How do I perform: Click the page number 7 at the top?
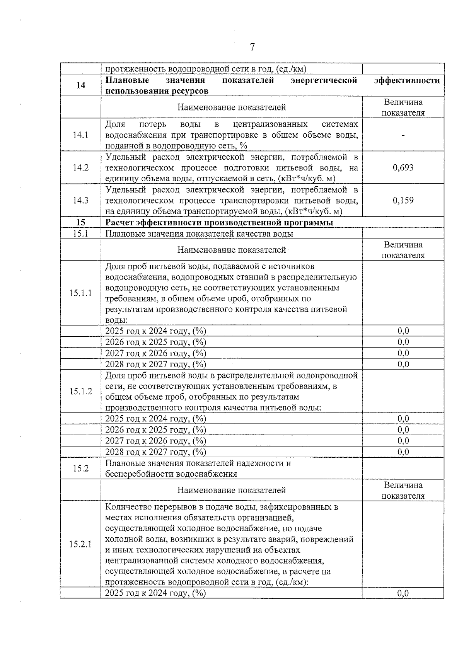point(252,47)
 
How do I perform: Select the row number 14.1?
point(80,135)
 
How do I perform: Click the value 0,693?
point(403,167)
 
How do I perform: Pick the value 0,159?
point(403,200)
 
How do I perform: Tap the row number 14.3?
point(80,200)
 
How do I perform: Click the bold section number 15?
point(80,223)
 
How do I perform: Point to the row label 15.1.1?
point(80,293)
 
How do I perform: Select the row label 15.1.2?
point(80,391)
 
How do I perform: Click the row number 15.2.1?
point(80,544)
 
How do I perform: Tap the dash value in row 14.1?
point(403,135)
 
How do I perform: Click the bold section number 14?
point(80,85)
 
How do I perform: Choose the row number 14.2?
point(80,167)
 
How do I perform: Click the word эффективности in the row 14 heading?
point(407,80)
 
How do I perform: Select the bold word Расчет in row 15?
point(119,223)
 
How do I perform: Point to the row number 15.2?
point(80,469)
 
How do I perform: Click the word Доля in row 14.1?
point(115,124)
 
